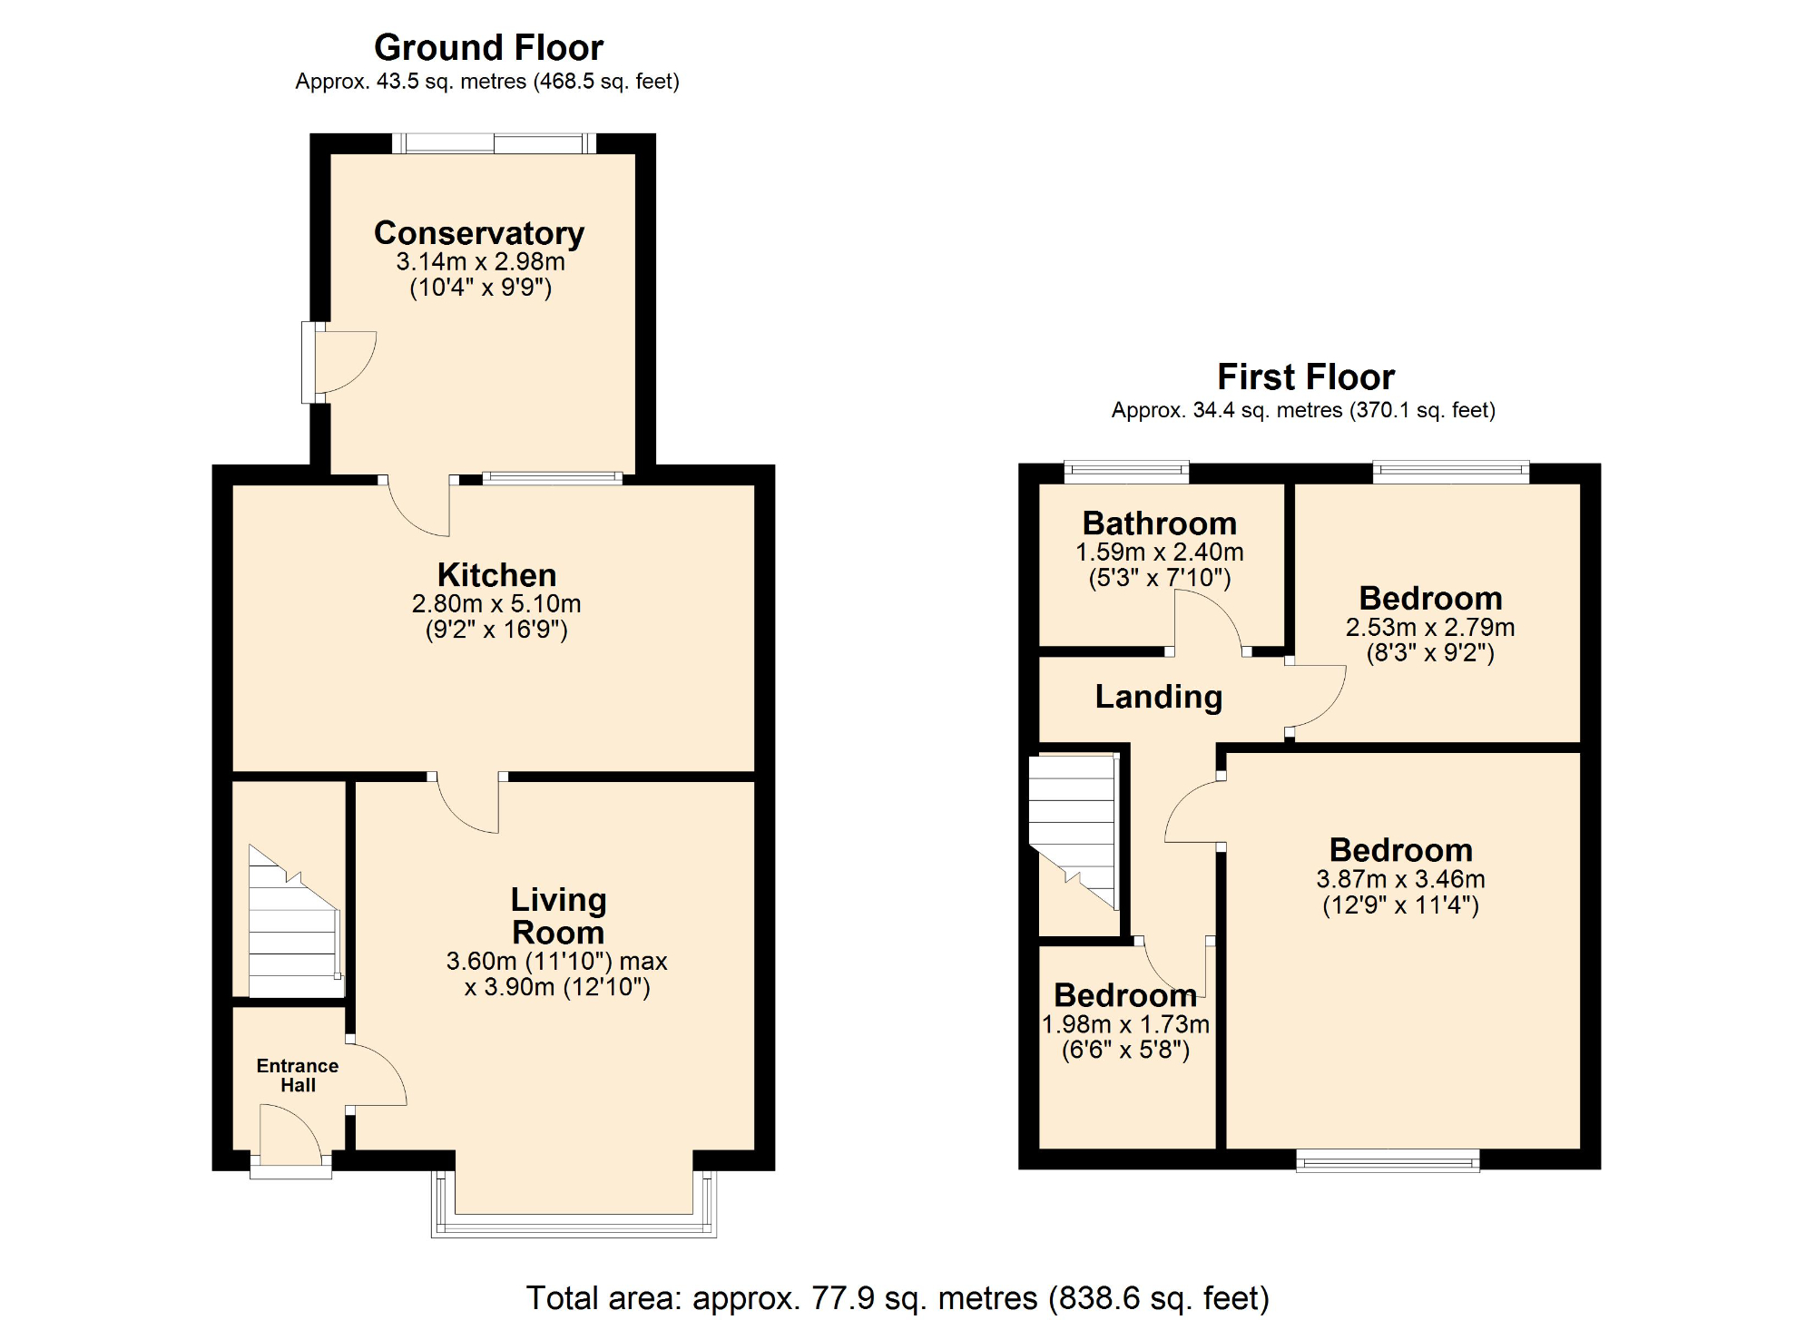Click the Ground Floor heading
(488, 47)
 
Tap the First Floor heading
(1305, 376)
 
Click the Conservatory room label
(479, 233)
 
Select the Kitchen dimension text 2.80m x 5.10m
(496, 603)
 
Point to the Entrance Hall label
(298, 1075)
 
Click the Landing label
(1159, 697)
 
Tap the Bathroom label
(1160, 523)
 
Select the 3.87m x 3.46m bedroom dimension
(1400, 879)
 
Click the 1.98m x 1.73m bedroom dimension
(1125, 1024)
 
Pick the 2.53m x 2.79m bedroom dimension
(1430, 627)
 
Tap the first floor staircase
(1074, 830)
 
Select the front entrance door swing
(289, 1134)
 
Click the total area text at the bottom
(897, 1297)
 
